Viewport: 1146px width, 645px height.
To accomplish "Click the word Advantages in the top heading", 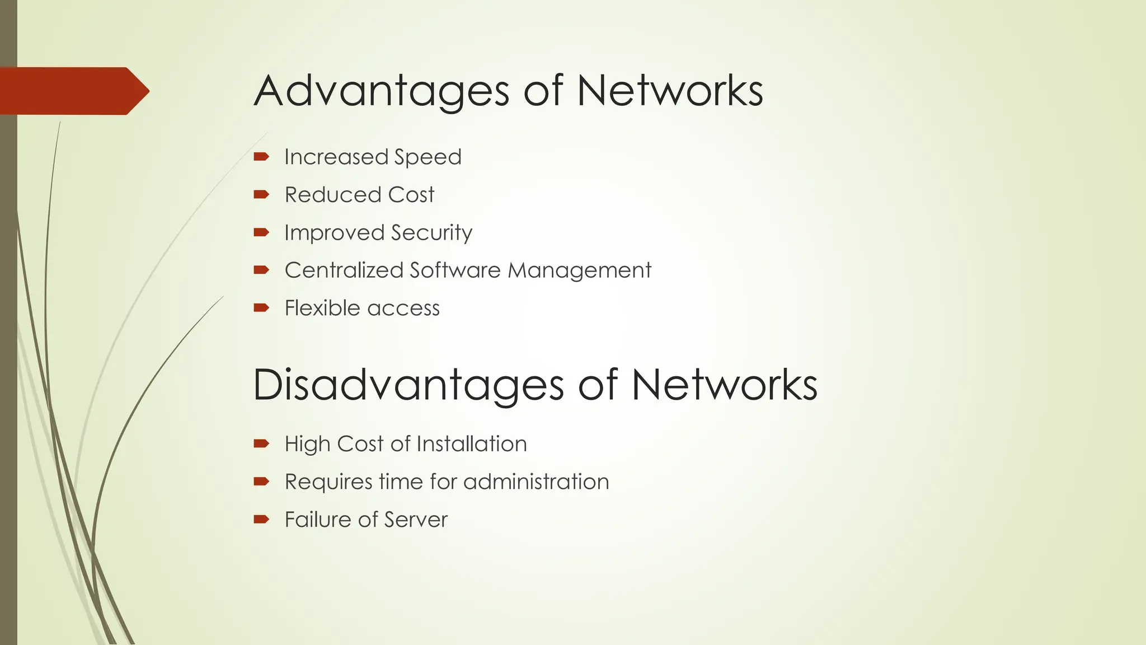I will click(x=382, y=91).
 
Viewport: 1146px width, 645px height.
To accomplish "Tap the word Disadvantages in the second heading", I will click(x=408, y=385).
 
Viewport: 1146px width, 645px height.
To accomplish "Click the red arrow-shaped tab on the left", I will click(x=73, y=91).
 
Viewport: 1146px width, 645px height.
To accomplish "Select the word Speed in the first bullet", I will click(x=428, y=157).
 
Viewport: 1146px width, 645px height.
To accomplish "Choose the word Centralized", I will click(x=344, y=270).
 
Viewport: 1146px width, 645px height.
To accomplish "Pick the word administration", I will click(x=536, y=482).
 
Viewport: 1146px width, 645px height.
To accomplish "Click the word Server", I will click(x=419, y=520).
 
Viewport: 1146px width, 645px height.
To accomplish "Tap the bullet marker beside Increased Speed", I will click(x=261, y=157).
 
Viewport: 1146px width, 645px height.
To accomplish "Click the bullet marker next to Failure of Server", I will click(x=261, y=520).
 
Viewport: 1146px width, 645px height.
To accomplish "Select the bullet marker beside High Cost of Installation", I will click(x=261, y=444).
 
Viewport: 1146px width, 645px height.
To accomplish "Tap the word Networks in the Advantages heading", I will click(x=670, y=91).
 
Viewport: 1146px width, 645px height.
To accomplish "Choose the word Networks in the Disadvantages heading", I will click(x=725, y=385).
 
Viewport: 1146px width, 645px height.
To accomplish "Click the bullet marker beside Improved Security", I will click(x=261, y=232).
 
